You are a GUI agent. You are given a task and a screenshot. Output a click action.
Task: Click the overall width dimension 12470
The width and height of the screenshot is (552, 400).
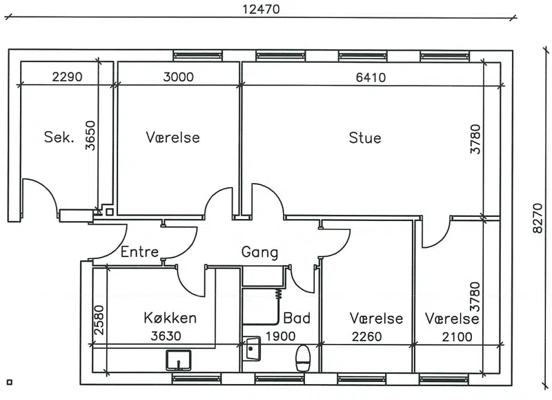(262, 9)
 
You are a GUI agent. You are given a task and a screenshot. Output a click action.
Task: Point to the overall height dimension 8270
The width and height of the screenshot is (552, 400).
(538, 218)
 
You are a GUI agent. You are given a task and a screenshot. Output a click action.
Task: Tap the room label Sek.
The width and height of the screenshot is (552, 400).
(59, 137)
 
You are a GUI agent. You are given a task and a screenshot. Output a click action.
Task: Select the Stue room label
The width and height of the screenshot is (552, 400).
(365, 137)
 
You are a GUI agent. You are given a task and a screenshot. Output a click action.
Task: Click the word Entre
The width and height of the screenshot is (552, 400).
(139, 251)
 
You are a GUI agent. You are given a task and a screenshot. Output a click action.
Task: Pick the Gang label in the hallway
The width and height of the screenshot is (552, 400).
(259, 252)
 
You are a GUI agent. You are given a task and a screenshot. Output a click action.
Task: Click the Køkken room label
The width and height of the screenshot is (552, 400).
(170, 318)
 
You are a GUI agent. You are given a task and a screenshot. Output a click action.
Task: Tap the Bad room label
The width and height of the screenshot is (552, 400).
(297, 318)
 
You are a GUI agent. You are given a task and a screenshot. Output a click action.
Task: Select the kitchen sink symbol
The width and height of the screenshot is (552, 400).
(179, 360)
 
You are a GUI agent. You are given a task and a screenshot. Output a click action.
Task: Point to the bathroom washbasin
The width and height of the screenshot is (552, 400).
(252, 349)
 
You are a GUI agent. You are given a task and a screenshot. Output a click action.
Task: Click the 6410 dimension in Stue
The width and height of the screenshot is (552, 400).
(371, 77)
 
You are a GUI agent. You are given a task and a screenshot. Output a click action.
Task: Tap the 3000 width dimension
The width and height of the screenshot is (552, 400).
(178, 77)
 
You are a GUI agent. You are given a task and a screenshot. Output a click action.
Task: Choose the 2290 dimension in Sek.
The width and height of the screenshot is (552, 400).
(67, 77)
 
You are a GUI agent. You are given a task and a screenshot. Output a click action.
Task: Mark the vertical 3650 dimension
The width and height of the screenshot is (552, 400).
(90, 135)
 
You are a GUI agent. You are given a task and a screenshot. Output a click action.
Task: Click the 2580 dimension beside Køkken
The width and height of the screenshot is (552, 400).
(99, 320)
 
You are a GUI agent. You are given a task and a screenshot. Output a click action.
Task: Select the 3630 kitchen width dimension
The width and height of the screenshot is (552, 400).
(166, 336)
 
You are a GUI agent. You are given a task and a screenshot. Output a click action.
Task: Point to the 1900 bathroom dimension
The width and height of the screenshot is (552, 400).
(280, 336)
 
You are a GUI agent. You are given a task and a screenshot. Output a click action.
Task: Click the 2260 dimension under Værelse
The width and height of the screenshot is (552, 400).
(367, 336)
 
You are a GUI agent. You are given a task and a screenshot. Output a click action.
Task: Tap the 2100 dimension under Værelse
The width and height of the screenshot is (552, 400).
(457, 337)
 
